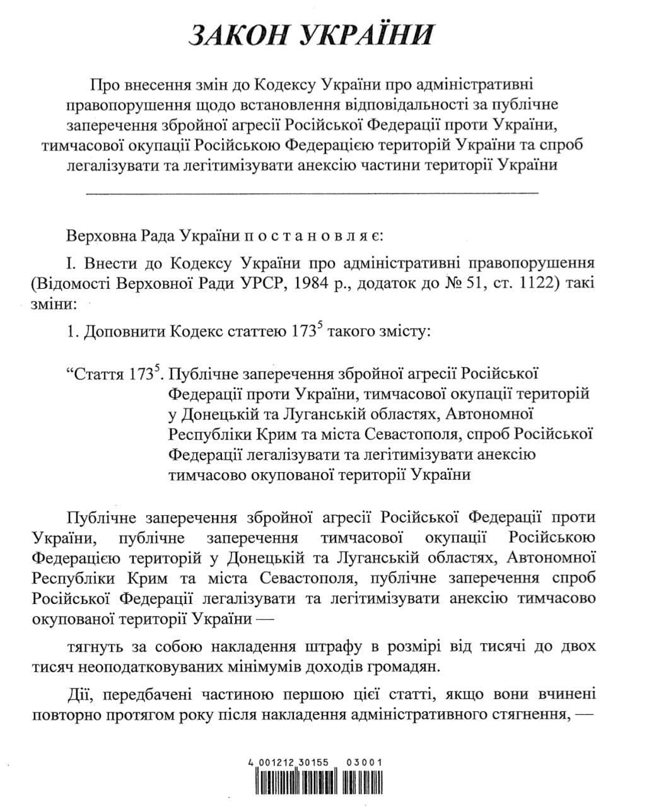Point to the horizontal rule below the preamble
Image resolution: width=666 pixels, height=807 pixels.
pos(312,191)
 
